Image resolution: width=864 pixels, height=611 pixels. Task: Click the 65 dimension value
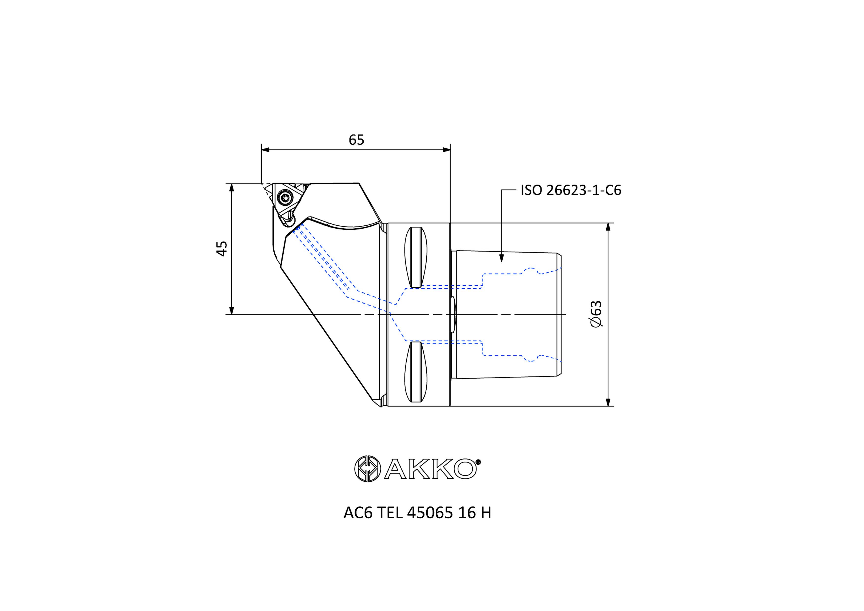coord(356,140)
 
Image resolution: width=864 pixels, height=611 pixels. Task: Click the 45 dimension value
coord(222,249)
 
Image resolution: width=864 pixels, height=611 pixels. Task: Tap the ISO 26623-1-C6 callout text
coord(570,190)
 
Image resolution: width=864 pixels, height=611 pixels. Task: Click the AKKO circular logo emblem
coord(367,469)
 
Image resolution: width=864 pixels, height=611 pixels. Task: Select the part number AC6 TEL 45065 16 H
coord(417,513)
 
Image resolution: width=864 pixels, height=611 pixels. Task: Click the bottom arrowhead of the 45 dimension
coord(232,311)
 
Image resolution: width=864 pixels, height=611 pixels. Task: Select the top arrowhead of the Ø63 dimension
coord(608,227)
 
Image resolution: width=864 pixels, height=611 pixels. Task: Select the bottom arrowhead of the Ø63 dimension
coord(608,402)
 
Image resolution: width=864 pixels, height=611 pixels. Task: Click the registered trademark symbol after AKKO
coord(478,462)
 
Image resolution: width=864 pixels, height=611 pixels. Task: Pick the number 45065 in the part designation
coord(430,513)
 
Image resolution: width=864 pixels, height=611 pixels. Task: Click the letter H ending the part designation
coord(486,513)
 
